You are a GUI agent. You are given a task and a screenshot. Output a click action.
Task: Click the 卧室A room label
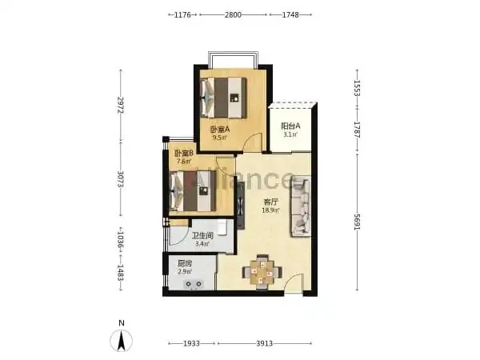point(220,130)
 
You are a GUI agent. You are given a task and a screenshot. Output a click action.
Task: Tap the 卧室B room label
point(184,153)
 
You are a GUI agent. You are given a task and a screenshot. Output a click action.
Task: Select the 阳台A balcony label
point(291,126)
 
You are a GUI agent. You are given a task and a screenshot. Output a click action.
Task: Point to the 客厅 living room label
point(271,202)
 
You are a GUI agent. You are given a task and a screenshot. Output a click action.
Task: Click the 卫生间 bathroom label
point(202,236)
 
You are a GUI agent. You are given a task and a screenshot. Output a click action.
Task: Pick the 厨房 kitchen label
point(185,263)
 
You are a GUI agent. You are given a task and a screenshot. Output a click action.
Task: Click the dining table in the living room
point(262,272)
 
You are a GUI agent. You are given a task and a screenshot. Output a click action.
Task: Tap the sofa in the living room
point(301,206)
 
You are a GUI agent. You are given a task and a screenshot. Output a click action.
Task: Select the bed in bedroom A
point(223,98)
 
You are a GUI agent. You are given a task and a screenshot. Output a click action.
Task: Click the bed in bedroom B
point(193,191)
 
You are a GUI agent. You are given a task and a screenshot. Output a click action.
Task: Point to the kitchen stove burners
point(194,284)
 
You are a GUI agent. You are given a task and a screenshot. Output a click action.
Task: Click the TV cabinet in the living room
point(241,206)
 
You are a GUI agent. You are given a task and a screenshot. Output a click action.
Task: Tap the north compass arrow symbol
point(122,341)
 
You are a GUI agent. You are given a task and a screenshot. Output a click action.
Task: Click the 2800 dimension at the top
point(233,14)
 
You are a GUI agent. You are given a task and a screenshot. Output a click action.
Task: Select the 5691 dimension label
point(358,222)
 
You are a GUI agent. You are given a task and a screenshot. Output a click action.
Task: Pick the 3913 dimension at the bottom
point(265,343)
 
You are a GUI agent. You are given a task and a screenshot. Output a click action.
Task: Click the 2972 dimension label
point(120,105)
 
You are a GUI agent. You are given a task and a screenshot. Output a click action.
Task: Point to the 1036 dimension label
point(120,240)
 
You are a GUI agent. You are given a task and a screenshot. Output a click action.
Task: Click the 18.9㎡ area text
point(270,210)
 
